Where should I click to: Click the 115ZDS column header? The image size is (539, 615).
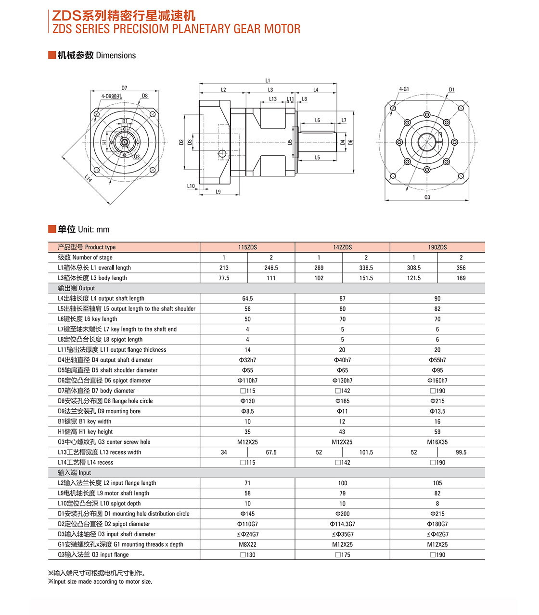[x=247, y=247]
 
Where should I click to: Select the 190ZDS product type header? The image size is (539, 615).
[x=437, y=247]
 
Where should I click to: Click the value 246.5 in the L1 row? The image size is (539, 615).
[x=271, y=268]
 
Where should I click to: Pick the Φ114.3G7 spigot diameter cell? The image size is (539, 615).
[x=342, y=524]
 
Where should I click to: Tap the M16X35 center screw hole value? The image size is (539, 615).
[x=437, y=442]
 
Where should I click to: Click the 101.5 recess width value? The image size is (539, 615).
[x=366, y=452]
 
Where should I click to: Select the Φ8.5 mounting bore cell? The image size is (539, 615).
[x=247, y=411]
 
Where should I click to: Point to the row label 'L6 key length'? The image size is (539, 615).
[x=87, y=319]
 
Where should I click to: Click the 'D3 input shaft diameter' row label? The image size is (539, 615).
[x=106, y=534]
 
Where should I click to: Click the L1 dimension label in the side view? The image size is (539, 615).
[x=268, y=80]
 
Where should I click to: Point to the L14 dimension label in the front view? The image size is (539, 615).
[x=88, y=178]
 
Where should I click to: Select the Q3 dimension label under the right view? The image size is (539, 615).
[x=427, y=197]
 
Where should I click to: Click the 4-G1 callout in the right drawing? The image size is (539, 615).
[x=404, y=89]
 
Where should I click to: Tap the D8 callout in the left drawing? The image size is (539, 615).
[x=144, y=96]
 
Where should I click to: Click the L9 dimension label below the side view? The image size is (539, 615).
[x=218, y=192]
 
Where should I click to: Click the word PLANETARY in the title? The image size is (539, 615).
[x=201, y=29]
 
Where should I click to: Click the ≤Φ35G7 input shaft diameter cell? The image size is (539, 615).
[x=342, y=534]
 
